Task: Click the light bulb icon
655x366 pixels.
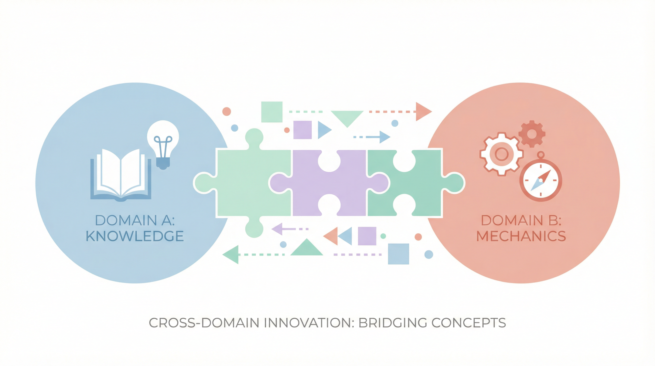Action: click(x=163, y=143)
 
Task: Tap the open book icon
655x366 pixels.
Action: click(x=121, y=175)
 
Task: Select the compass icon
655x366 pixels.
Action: click(x=541, y=180)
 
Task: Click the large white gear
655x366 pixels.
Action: click(x=501, y=154)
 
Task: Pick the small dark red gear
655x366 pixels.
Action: click(x=532, y=134)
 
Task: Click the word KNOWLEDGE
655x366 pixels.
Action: click(x=135, y=236)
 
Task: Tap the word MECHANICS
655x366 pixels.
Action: click(x=521, y=236)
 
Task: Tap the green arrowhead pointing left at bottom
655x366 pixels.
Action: click(x=231, y=255)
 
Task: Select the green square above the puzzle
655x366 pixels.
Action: click(x=272, y=112)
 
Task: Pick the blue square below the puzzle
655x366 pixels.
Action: click(x=398, y=254)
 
